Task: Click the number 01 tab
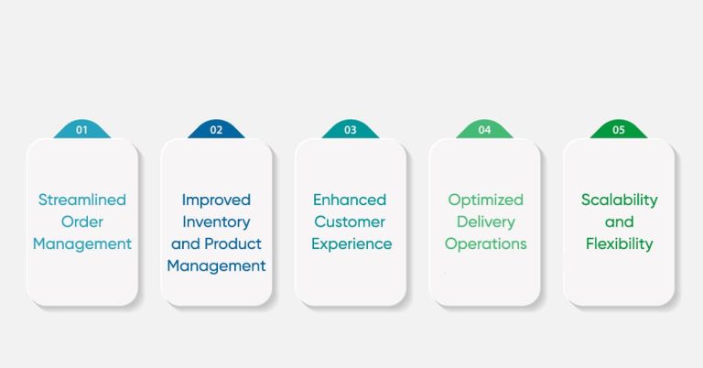[x=81, y=130]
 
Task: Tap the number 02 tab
[x=216, y=130]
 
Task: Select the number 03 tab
[x=351, y=130]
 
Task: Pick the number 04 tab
[x=484, y=130]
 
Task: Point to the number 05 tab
[x=619, y=130]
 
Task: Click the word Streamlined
[x=82, y=200]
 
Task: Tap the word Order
[x=82, y=222]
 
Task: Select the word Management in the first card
[x=82, y=244]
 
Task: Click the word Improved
[x=216, y=200]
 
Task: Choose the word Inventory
[x=216, y=222]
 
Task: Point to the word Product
[x=232, y=244]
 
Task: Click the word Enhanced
[x=351, y=200]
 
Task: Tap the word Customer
[x=351, y=222]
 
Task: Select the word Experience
[x=351, y=244]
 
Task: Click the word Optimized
[x=485, y=200]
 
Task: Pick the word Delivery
[x=485, y=222]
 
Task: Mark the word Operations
[x=486, y=244]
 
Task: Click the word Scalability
[x=620, y=200]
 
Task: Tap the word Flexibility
[x=620, y=244]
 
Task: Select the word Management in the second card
[x=216, y=266]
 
